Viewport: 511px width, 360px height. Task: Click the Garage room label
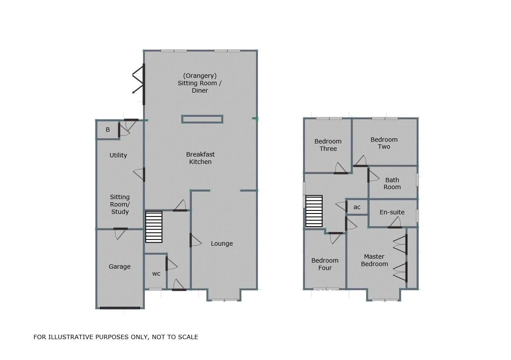tap(120, 267)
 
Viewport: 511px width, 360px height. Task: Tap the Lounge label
tap(222, 243)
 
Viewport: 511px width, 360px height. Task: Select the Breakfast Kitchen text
tap(200, 158)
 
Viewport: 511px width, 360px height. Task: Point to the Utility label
tap(118, 155)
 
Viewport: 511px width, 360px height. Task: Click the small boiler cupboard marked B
tap(108, 130)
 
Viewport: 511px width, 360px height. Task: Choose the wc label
tap(156, 273)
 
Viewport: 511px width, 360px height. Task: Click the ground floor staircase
tap(154, 227)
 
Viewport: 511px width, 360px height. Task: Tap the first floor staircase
tap(314, 211)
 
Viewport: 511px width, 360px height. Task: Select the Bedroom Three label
tap(328, 145)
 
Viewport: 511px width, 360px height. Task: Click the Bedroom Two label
tap(384, 143)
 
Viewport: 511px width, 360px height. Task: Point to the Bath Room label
tap(392, 183)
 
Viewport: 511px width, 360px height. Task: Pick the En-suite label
tap(392, 212)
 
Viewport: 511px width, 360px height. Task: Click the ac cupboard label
tap(357, 207)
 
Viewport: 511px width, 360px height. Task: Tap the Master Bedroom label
tap(374, 260)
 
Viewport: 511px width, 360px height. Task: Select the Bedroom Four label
tap(325, 264)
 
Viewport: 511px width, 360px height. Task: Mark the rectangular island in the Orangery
tap(202, 119)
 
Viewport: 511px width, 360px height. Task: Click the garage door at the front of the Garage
tap(120, 308)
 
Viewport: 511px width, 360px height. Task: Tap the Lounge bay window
tap(225, 300)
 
